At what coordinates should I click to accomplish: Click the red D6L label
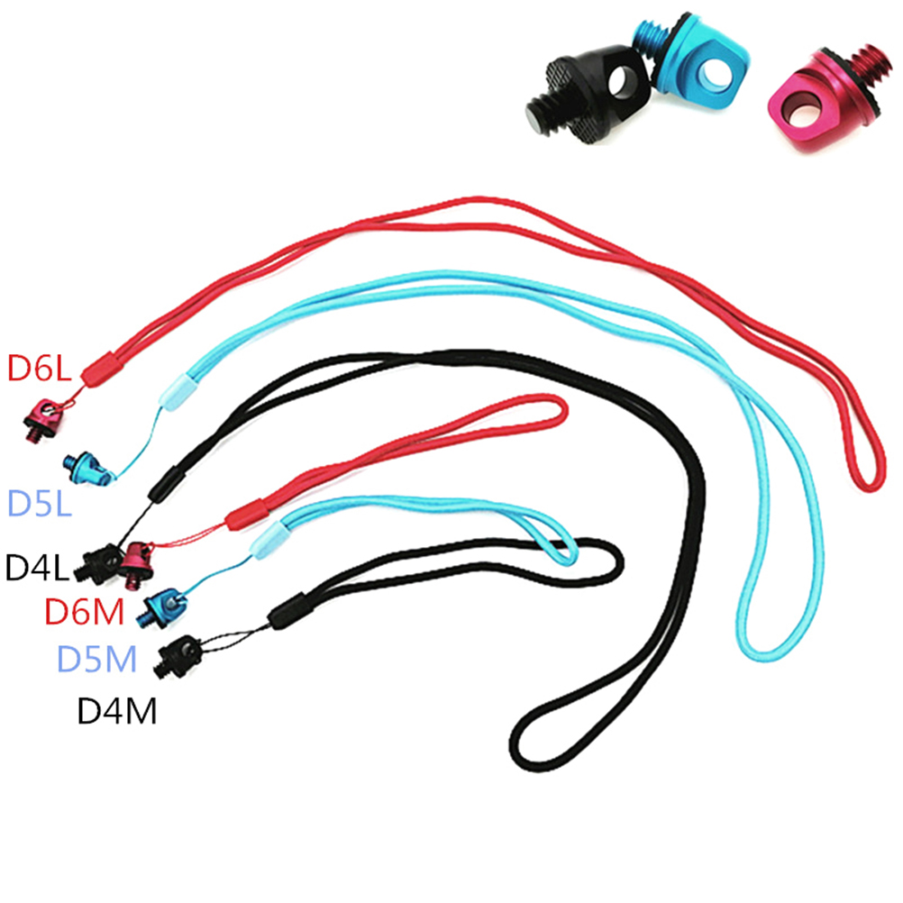39,369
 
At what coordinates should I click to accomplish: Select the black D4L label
37,567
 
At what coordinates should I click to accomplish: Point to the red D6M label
85,612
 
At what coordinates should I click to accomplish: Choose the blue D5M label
96,659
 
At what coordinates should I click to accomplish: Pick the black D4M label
117,711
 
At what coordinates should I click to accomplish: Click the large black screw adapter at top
587,94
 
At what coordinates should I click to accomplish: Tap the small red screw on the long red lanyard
43,420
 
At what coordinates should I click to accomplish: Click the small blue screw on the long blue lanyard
86,468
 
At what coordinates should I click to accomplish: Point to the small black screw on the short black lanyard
178,656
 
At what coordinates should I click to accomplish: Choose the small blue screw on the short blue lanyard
161,607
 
